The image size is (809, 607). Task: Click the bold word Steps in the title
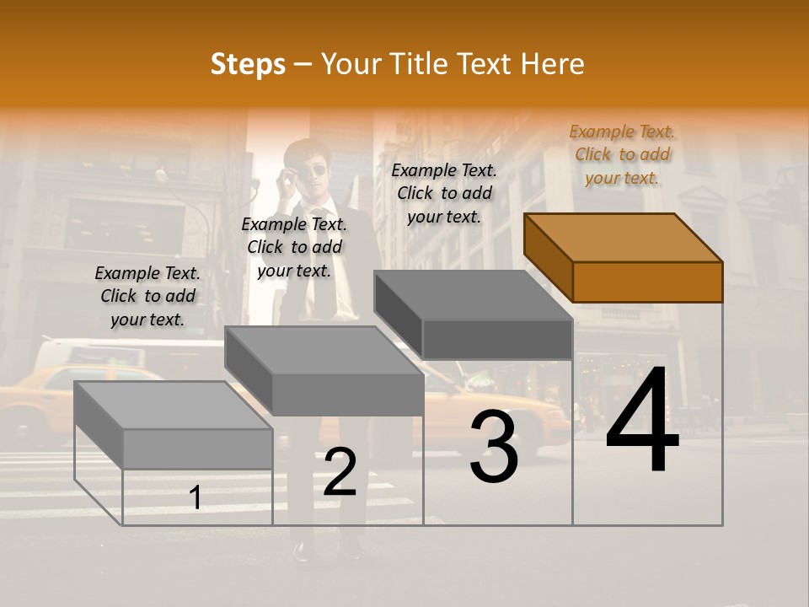tap(248, 64)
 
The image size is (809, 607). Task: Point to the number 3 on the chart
tap(494, 447)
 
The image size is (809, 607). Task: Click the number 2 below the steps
tap(340, 473)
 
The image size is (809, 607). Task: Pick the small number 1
tap(196, 498)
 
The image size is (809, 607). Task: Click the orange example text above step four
tap(622, 154)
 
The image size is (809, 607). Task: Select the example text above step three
tap(444, 193)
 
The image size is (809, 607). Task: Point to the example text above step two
tap(294, 247)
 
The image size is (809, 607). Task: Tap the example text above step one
tap(147, 296)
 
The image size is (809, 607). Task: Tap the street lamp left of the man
tap(162, 176)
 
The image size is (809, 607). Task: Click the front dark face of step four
tap(647, 282)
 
